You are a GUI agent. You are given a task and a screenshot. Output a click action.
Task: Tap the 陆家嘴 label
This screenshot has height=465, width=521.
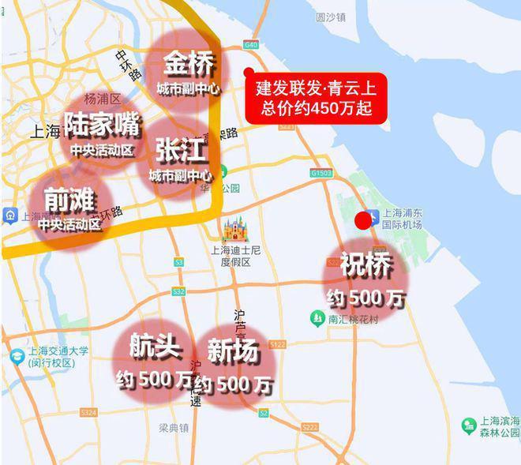102,124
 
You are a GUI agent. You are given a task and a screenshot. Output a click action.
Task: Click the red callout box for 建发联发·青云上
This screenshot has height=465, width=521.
315,96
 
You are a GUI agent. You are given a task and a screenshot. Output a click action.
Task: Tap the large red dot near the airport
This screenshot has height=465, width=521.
365,220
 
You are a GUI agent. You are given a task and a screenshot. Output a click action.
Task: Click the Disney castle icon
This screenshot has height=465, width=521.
235,231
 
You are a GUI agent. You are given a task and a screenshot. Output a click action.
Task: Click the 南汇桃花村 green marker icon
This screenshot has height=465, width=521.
317,318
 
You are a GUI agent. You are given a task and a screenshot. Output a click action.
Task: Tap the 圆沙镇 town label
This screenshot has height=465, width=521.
330,17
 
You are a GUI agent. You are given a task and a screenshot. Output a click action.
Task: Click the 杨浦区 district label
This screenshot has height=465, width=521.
101,99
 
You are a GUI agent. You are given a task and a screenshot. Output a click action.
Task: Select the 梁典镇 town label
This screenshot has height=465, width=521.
174,428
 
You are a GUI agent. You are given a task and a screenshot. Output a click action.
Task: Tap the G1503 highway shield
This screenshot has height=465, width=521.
321,171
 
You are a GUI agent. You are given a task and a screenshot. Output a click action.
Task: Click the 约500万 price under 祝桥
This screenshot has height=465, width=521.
365,298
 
